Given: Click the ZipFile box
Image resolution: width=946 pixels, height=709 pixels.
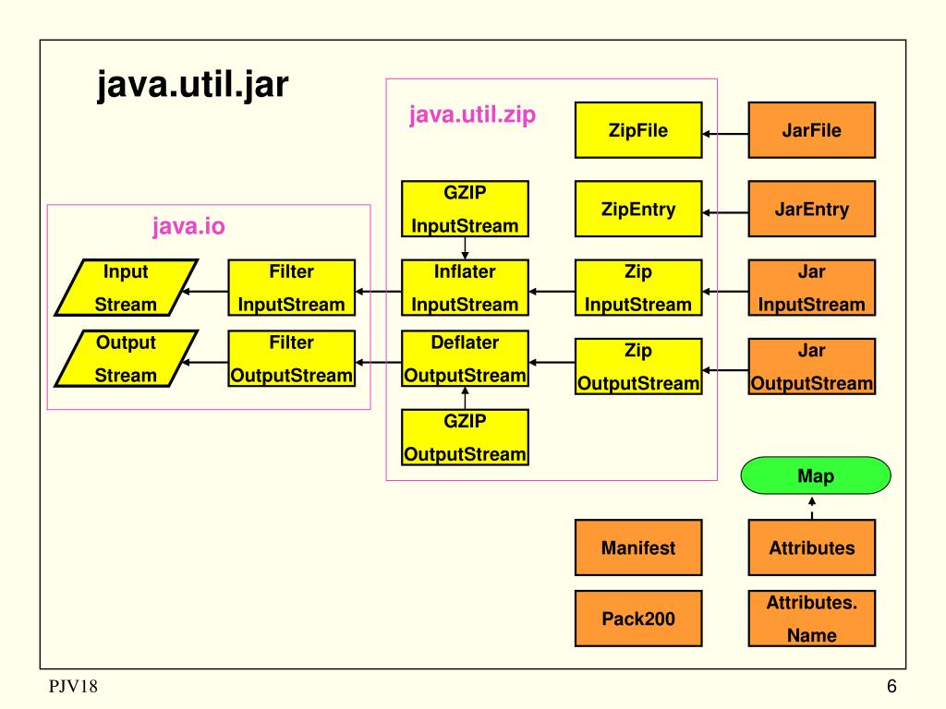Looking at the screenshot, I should [637, 130].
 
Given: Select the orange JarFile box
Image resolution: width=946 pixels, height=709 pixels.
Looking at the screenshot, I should [811, 130].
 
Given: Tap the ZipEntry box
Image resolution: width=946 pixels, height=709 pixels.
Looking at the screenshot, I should [637, 210].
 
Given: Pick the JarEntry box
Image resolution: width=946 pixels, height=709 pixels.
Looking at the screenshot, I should [811, 210].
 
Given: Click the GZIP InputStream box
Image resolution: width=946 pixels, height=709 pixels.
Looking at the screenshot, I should [465, 210].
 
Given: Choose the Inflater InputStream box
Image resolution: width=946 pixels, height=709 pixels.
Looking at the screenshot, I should [465, 288].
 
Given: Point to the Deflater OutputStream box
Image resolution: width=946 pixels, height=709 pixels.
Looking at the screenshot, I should [465, 359].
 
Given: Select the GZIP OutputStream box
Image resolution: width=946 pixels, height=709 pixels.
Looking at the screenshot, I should [465, 438].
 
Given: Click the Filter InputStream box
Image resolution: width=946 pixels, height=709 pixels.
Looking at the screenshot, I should [291, 288].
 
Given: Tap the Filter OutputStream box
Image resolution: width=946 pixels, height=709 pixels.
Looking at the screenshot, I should [291, 359].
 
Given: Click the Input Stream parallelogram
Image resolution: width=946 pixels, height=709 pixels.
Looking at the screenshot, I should [126, 288].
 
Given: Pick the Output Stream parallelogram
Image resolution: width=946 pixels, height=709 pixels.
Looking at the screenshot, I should [126, 359].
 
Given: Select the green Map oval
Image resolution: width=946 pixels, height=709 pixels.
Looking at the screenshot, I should [816, 476].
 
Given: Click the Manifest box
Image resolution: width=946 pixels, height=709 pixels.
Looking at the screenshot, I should [637, 547].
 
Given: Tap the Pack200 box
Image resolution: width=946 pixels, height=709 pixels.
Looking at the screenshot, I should [637, 619].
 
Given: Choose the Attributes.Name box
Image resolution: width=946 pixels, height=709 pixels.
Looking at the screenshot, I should [811, 619].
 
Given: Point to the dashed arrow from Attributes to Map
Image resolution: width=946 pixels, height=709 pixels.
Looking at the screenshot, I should [812, 509].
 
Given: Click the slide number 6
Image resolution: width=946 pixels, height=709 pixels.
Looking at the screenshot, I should [891, 687].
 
